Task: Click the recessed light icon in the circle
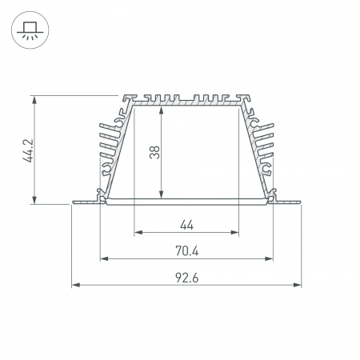[x=29, y=30]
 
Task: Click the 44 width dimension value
[x=186, y=224]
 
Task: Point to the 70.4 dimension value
[x=186, y=250]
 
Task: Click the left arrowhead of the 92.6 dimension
[x=75, y=284]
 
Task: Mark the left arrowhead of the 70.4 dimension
[x=102, y=258]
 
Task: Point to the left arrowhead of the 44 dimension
[x=136, y=233]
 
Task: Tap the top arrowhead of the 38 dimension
[x=162, y=108]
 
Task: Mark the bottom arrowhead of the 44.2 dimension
[x=34, y=202]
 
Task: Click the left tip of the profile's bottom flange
[x=73, y=202]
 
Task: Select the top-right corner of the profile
[x=247, y=97]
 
